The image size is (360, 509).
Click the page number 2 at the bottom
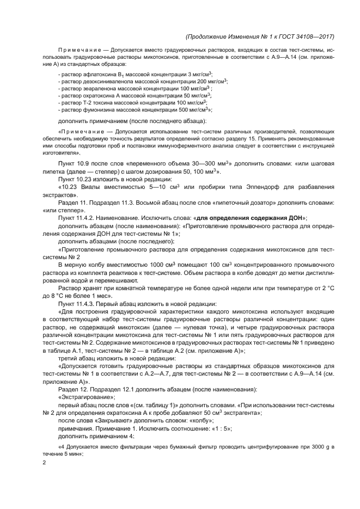44,462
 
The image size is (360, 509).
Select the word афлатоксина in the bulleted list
91,73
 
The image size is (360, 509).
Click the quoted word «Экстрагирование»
83,397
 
